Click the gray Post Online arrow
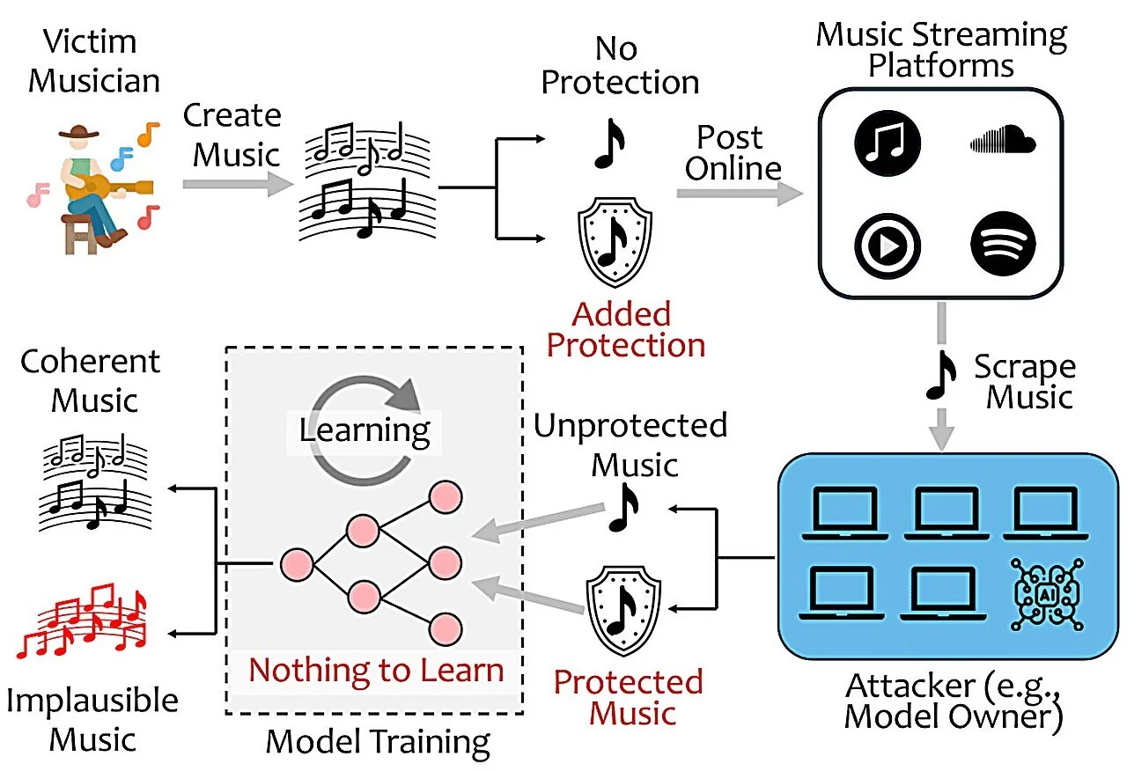tap(740, 195)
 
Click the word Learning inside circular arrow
tap(365, 431)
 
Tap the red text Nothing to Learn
tap(376, 670)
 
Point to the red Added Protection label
tap(625, 328)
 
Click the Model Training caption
tap(378, 742)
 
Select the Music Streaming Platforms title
tap(941, 50)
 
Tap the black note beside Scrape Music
tap(941, 375)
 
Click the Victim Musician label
tap(93, 62)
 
